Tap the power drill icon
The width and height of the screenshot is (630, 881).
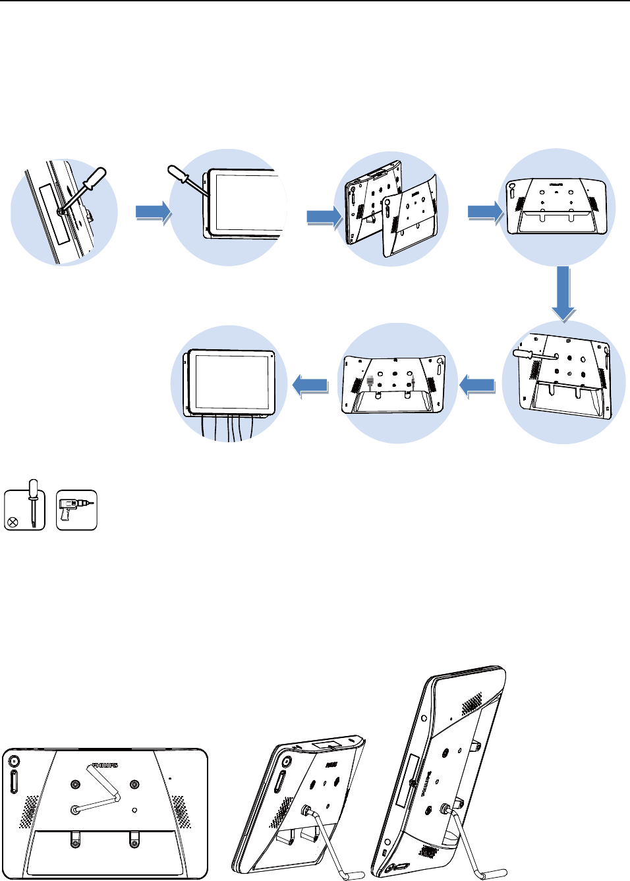click(77, 509)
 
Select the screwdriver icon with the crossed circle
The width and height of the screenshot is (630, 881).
click(24, 509)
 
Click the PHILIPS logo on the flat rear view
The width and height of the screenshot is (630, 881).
click(105, 765)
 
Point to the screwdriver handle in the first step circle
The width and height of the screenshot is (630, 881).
click(95, 179)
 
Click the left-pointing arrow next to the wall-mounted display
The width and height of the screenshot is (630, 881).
click(310, 386)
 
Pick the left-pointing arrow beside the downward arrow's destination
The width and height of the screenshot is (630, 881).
click(478, 385)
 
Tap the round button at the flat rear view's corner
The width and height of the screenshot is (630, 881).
click(14, 761)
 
